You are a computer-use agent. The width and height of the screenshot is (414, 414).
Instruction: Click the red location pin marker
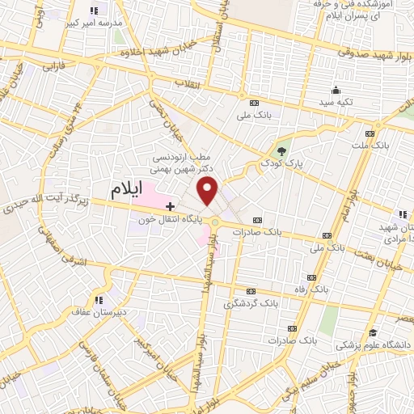click(209, 191)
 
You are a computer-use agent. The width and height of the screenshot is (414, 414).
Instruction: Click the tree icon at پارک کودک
click(281, 150)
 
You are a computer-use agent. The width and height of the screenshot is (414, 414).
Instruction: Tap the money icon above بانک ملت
click(370, 133)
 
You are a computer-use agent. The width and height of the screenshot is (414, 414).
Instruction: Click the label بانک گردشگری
click(247, 304)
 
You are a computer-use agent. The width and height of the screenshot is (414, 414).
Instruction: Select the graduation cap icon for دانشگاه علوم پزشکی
click(373, 332)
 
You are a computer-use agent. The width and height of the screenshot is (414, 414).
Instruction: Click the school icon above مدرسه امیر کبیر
click(93, 11)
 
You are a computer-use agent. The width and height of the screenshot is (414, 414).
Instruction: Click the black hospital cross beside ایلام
click(170, 207)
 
